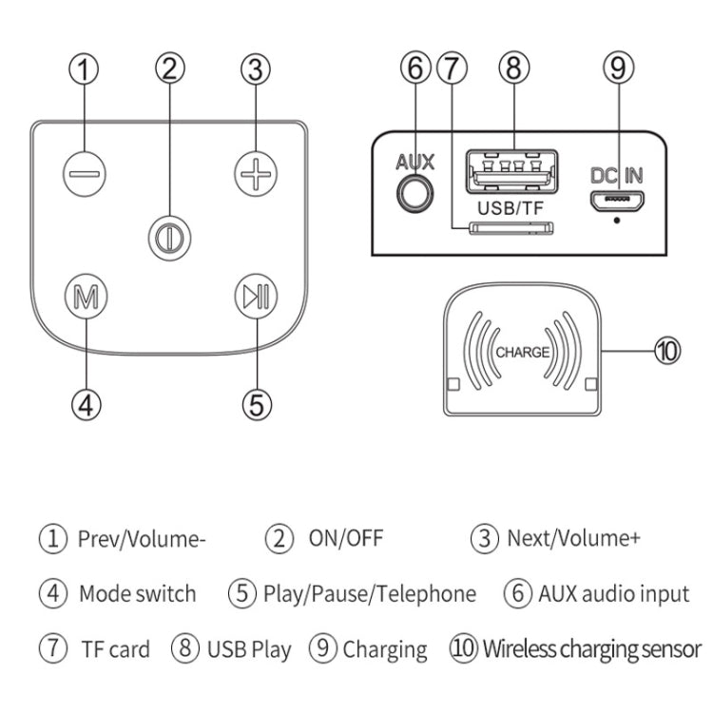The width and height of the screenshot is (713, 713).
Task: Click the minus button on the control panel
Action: pyautogui.click(x=86, y=174)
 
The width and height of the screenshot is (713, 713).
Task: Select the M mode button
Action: pyautogui.click(x=86, y=296)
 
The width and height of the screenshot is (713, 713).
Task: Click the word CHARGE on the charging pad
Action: pyautogui.click(x=523, y=351)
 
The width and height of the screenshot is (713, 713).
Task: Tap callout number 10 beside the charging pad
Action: pyautogui.click(x=667, y=351)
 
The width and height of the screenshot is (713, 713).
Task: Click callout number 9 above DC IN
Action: pyautogui.click(x=618, y=68)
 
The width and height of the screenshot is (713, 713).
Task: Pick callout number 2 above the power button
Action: pyautogui.click(x=170, y=68)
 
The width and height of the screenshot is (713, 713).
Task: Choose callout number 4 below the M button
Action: pyautogui.click(x=86, y=404)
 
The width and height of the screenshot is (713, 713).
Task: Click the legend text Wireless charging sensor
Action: pyautogui.click(x=591, y=650)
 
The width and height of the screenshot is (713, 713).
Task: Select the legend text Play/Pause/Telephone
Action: pyautogui.click(x=370, y=594)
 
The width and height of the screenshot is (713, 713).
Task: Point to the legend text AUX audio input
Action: pyautogui.click(x=613, y=594)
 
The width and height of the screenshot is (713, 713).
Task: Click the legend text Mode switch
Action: pyautogui.click(x=137, y=594)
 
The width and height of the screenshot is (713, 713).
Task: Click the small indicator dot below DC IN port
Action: pyautogui.click(x=618, y=222)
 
